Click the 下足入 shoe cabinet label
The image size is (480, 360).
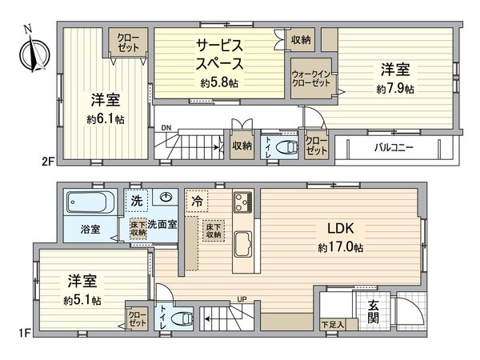point(333,325)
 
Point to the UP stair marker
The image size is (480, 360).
point(240,301)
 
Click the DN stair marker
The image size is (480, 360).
point(166,128)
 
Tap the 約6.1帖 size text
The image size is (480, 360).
point(106,119)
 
